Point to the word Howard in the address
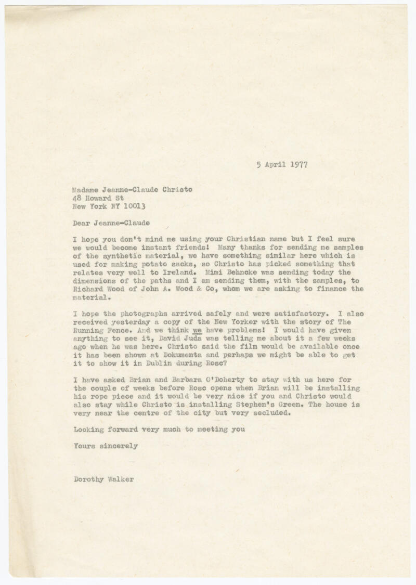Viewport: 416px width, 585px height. point(100,198)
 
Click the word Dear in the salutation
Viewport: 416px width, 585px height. point(83,223)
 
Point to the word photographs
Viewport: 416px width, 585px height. point(143,314)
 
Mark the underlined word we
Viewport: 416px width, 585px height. point(198,331)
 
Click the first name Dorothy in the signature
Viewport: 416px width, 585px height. point(87,479)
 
